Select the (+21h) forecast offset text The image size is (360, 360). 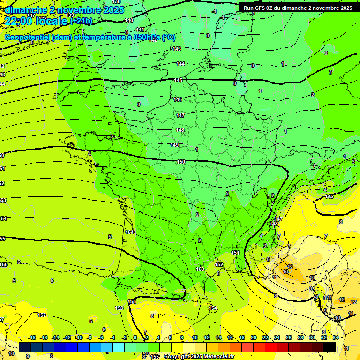81,21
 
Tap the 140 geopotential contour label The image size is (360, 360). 129,20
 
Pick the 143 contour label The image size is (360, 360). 177,49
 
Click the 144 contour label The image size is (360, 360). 180,64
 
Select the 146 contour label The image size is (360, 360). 178,99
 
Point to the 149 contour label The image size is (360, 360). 174,145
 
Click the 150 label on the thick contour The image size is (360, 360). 181,162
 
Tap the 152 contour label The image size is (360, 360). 219,264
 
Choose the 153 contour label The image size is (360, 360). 200,269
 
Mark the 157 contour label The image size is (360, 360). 42,315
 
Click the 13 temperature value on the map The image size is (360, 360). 286,271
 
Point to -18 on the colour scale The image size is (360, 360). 32,337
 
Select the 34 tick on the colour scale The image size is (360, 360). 336,337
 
